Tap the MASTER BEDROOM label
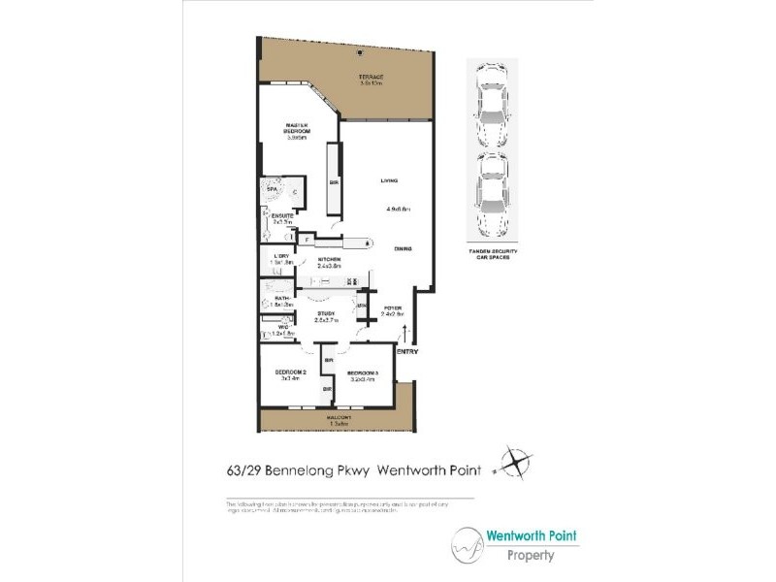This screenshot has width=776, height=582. click(296, 128)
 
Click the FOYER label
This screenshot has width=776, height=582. click(392, 309)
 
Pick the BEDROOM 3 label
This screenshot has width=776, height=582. click(363, 372)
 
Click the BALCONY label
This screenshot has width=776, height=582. click(339, 418)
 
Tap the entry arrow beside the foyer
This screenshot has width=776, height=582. click(404, 335)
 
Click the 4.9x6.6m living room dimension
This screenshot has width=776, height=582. click(399, 209)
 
